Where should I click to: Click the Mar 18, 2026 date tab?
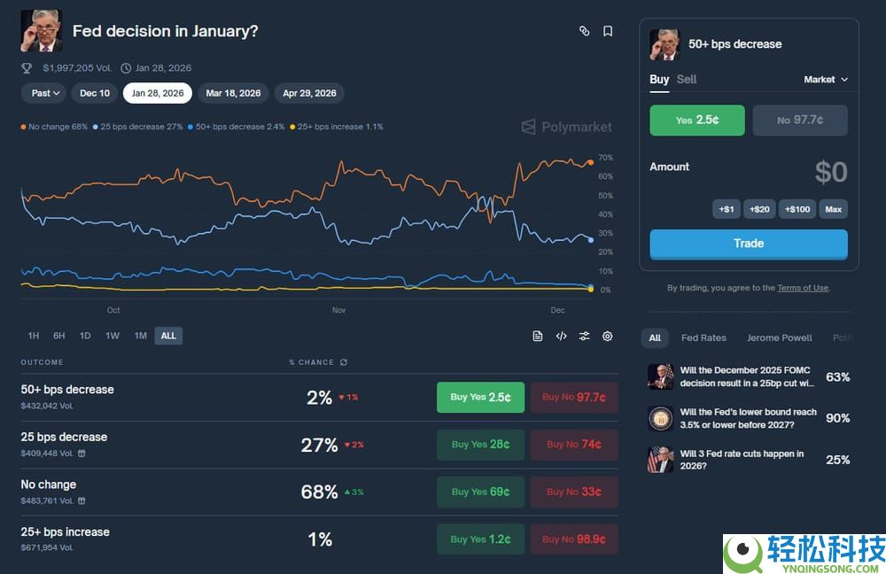(233, 93)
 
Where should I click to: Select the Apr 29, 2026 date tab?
(309, 93)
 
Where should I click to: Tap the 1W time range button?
(113, 336)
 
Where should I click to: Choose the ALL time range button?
(168, 336)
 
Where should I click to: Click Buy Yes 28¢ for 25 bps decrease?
(480, 445)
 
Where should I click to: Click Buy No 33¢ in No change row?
(574, 492)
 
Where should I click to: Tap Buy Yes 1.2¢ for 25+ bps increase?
(480, 539)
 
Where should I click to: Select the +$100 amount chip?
(797, 209)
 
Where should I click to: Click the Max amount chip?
(833, 209)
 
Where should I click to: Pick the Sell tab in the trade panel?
(687, 80)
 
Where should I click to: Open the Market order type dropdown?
(826, 80)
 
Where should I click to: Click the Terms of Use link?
(803, 288)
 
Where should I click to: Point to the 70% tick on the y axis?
(605, 158)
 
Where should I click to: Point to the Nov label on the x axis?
(338, 310)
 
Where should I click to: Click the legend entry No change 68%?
(54, 127)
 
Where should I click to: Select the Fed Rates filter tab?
(703, 337)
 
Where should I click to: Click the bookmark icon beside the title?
(608, 31)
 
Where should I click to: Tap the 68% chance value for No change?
(319, 492)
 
